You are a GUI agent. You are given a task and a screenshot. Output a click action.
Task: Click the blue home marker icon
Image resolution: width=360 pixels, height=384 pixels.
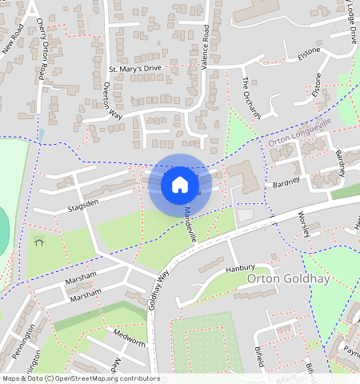180,186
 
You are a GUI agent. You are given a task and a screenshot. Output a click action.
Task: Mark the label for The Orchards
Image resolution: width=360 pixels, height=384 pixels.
251,98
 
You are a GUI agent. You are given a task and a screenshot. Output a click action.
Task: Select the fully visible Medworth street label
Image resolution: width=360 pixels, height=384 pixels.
130,337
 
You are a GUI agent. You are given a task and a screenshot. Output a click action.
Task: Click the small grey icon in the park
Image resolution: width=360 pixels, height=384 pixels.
38,239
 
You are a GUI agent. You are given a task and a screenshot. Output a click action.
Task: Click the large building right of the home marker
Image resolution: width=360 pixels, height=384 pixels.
242,177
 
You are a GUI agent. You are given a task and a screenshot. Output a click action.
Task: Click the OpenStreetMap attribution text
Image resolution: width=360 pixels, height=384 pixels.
80,378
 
